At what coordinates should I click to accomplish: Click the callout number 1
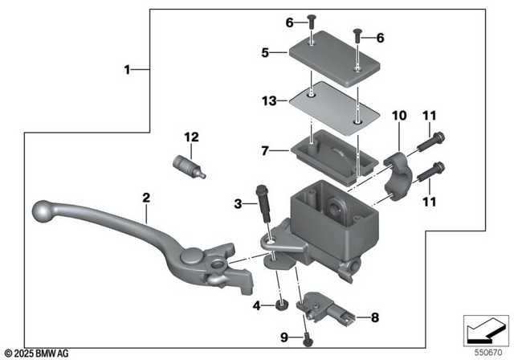pos(126,70)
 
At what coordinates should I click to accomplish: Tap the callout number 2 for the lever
pos(146,197)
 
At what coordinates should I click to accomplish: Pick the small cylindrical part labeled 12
pos(190,167)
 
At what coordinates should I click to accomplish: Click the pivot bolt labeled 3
pos(265,212)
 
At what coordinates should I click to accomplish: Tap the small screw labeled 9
pos(308,342)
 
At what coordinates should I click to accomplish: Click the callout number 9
pos(284,337)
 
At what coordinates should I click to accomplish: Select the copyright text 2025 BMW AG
pos(37,353)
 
